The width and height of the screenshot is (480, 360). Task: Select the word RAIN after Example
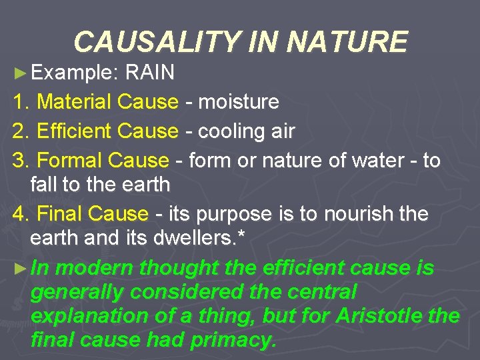tap(150, 73)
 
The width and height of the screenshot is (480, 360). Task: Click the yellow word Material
tap(74, 102)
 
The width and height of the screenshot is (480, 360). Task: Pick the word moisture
tap(239, 102)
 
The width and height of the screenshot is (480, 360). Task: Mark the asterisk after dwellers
tap(251, 238)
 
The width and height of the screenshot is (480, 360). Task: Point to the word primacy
tap(233, 341)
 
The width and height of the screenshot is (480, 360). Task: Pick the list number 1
tap(19, 102)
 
